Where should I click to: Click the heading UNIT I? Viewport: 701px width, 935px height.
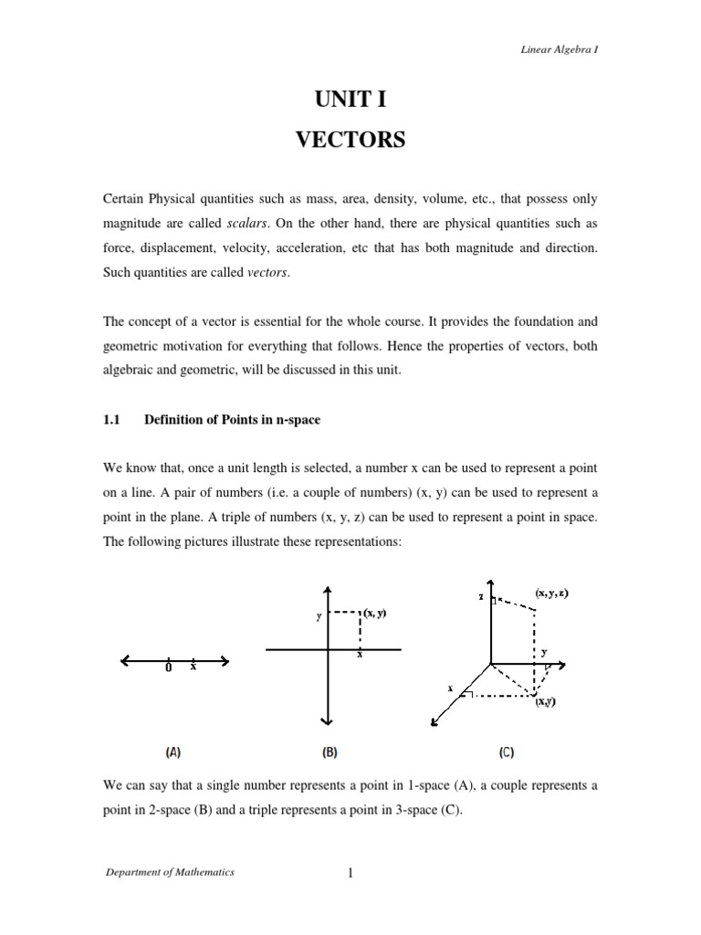click(x=350, y=99)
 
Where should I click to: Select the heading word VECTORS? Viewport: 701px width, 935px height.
click(x=350, y=142)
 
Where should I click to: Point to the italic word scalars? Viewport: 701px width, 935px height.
click(x=247, y=225)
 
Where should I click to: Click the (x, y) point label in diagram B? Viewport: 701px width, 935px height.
click(x=374, y=614)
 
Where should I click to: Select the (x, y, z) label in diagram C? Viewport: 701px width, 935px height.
click(x=552, y=593)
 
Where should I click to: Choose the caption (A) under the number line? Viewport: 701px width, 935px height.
click(x=173, y=753)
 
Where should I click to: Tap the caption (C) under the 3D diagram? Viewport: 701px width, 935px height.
click(x=506, y=753)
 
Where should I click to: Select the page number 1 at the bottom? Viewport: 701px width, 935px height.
click(x=350, y=873)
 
